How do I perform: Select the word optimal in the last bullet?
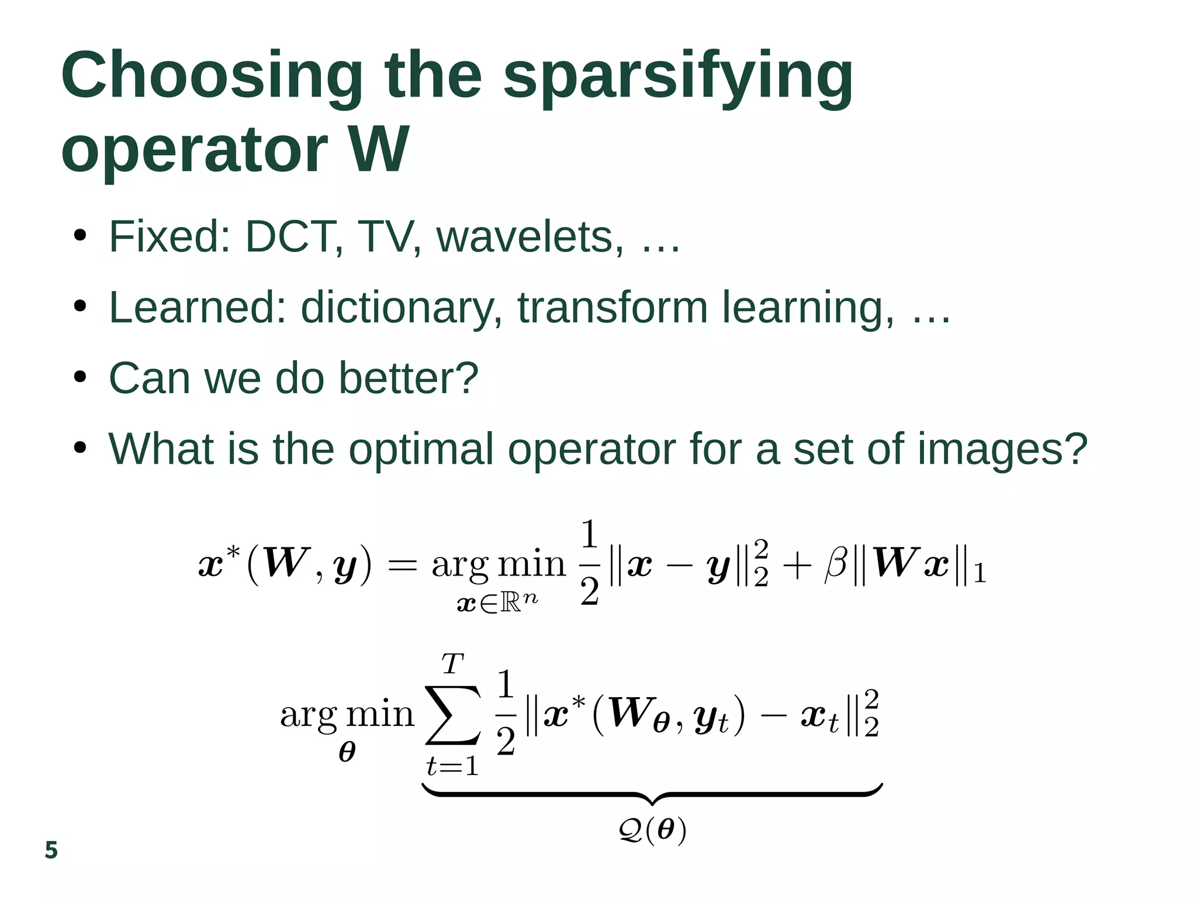pos(421,449)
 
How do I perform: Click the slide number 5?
pos(51,850)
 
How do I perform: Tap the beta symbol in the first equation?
pos(836,566)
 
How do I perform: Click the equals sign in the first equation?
pos(403,566)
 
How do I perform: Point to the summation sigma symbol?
pos(454,715)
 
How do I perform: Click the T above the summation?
pos(452,664)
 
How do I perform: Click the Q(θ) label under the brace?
pos(652,830)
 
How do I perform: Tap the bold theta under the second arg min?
pos(347,752)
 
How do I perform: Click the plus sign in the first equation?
pos(797,566)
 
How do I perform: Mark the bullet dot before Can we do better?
pos(80,378)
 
